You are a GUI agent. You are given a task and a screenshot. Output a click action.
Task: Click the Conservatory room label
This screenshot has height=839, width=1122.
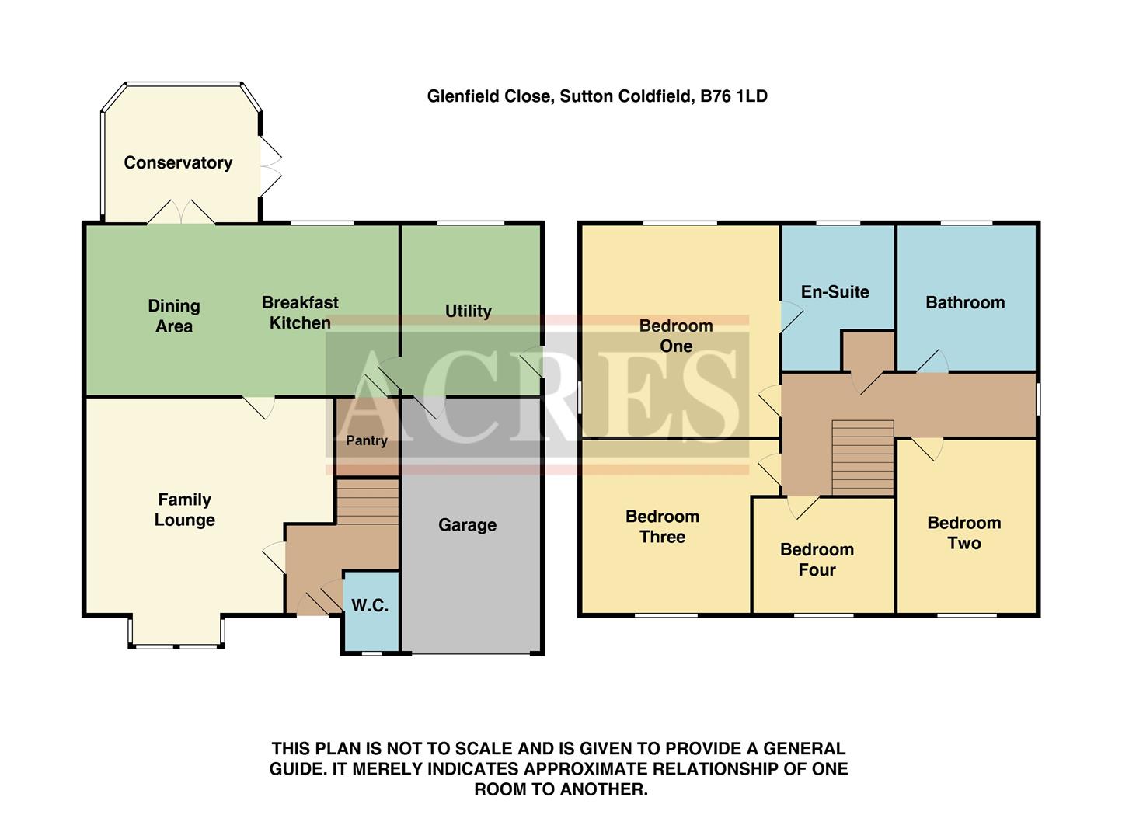click(178, 163)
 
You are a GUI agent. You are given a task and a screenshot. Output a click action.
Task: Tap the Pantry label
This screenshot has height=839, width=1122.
click(367, 441)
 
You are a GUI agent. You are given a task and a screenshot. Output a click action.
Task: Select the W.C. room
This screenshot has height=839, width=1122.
click(370, 606)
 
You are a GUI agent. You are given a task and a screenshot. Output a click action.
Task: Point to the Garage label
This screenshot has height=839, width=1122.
click(467, 525)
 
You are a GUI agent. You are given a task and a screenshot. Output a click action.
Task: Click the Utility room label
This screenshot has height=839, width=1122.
click(468, 312)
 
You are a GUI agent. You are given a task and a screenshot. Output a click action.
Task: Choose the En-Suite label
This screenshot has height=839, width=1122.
click(835, 292)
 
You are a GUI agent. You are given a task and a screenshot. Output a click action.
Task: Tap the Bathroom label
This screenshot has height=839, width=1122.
click(965, 303)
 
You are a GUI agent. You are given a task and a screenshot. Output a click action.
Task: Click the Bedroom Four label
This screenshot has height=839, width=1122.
click(817, 559)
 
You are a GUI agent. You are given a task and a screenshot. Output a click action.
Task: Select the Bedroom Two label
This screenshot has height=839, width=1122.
click(963, 533)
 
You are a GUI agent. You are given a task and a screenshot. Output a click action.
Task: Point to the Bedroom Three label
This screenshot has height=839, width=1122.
click(662, 527)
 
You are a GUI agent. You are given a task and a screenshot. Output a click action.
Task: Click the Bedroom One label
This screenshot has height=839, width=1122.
click(676, 336)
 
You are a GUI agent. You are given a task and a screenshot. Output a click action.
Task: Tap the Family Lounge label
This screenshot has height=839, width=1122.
click(184, 510)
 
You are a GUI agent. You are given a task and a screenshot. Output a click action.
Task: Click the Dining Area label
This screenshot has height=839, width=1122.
click(174, 316)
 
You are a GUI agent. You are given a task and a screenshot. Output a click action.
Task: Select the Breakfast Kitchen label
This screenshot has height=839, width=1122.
click(300, 312)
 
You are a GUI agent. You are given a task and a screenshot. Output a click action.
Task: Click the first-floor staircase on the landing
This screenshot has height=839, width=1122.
click(862, 458)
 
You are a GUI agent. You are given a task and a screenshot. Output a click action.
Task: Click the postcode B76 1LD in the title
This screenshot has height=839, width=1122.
click(733, 96)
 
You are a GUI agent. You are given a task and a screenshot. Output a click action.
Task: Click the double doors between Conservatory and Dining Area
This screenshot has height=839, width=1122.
click(181, 213)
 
